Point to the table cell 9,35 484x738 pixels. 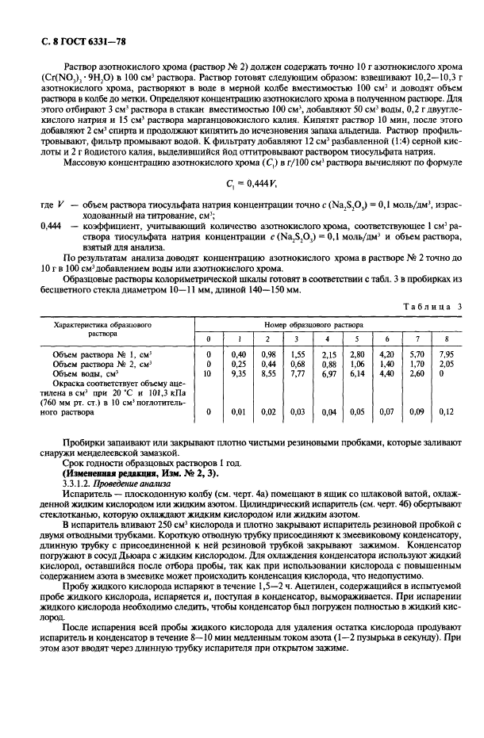pyautogui.click(x=237, y=373)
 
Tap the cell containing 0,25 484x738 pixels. pyautogui.click(x=237, y=363)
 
